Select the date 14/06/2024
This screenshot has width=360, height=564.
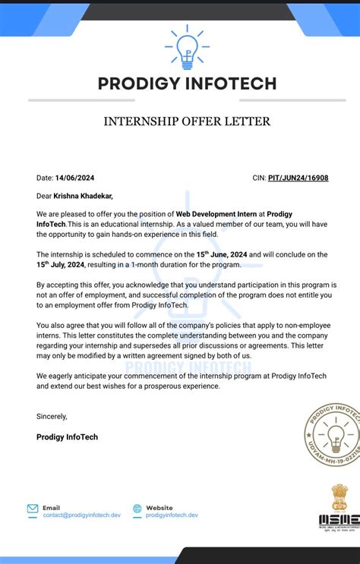(76, 178)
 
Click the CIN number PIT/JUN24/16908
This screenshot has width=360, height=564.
(298, 178)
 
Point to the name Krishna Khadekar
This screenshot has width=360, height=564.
(83, 196)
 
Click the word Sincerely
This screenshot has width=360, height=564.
(52, 416)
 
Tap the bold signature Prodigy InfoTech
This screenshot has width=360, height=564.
(67, 437)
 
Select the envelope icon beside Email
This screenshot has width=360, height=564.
(33, 509)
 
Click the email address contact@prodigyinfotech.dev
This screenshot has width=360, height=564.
(81, 515)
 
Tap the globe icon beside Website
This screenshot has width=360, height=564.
(137, 509)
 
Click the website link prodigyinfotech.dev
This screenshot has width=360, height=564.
(172, 515)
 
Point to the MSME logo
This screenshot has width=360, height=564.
(333, 519)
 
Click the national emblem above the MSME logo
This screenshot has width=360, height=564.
(338, 496)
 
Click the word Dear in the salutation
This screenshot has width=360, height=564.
(44, 196)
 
